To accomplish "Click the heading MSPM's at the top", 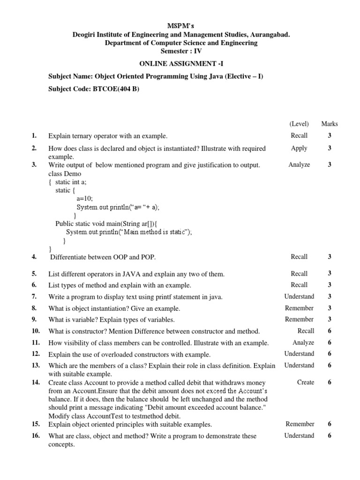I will coord(180,25).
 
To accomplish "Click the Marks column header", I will coord(330,124).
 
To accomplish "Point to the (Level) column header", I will coord(299,124).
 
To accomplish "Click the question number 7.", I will coord(34,297).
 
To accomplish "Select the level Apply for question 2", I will coord(299,148).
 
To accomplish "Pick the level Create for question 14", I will coord(306,382).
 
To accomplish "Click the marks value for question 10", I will coord(330,331).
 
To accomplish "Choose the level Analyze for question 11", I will coord(303,343).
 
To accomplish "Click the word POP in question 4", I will coord(147,257).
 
